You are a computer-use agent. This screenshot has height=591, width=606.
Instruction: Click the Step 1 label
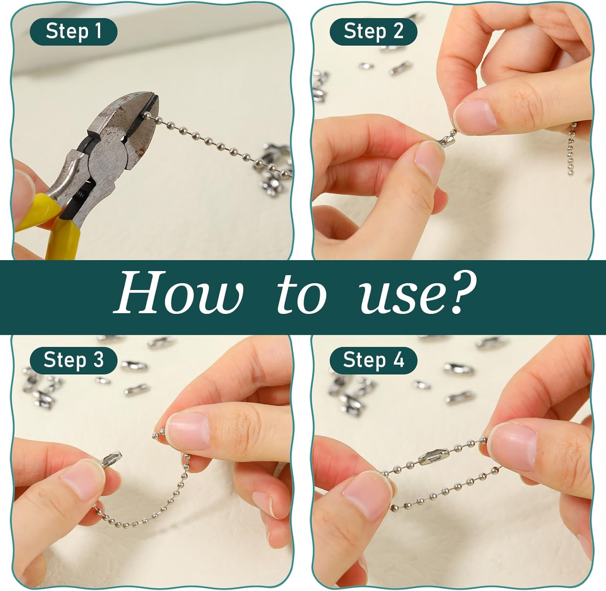click(74, 32)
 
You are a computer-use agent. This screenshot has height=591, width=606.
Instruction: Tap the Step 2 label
click(373, 32)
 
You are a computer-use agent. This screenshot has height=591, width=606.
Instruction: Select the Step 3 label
click(74, 360)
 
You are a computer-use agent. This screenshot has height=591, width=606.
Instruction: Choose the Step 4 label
click(373, 360)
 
